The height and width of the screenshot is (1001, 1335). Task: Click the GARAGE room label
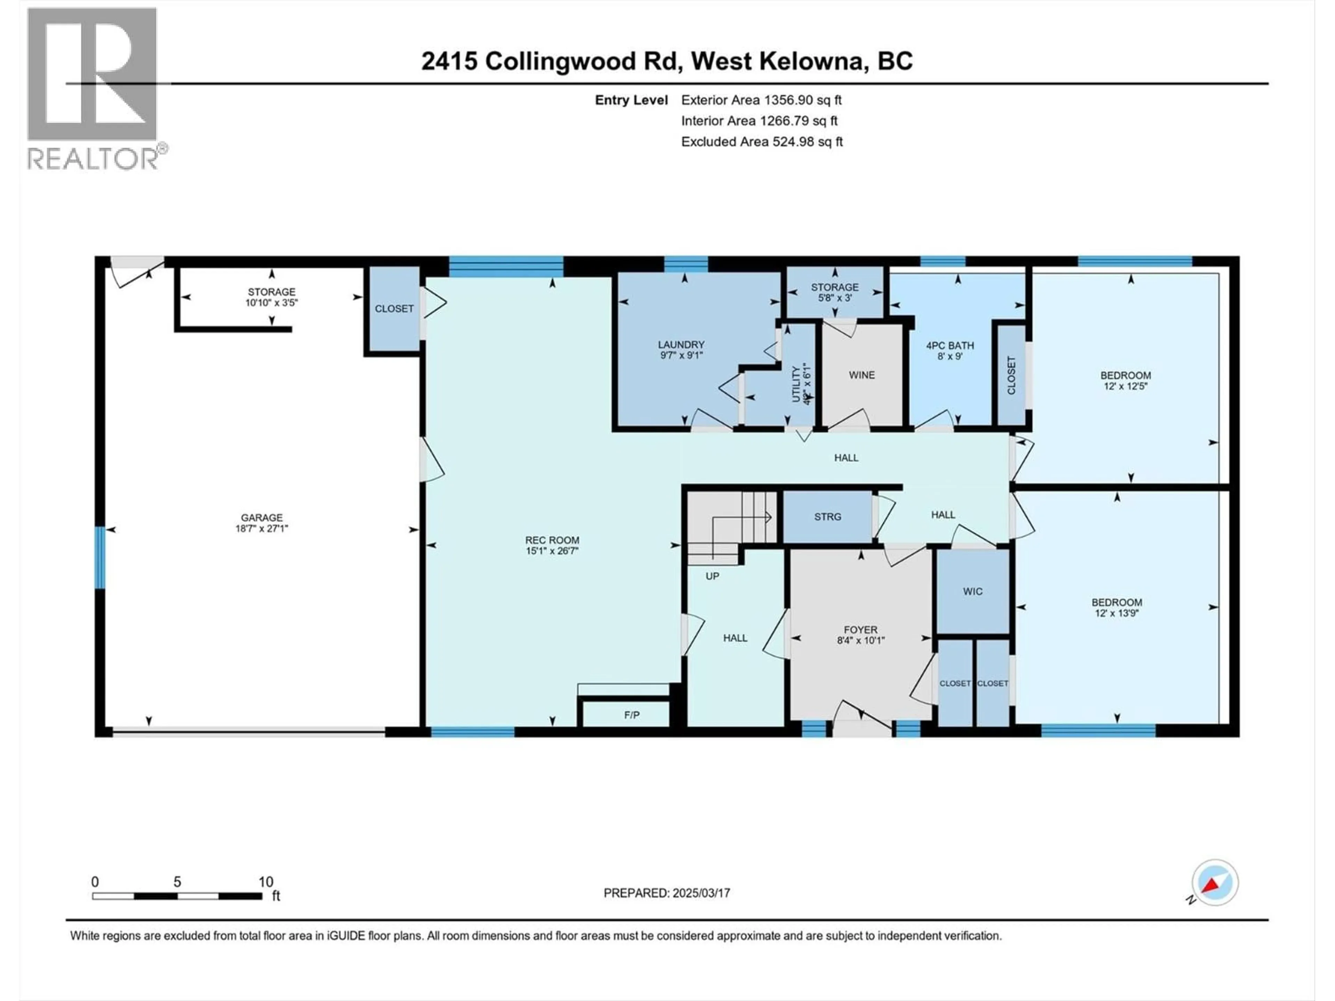(x=261, y=517)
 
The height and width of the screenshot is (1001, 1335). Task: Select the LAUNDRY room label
(x=681, y=344)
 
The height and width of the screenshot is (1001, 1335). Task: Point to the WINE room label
(x=861, y=375)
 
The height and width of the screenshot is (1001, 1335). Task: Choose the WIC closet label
(x=972, y=591)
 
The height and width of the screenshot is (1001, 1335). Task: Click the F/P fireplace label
(x=631, y=715)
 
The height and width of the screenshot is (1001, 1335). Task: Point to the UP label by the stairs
(x=712, y=576)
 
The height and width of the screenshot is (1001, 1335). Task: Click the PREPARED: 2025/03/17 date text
(x=666, y=893)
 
